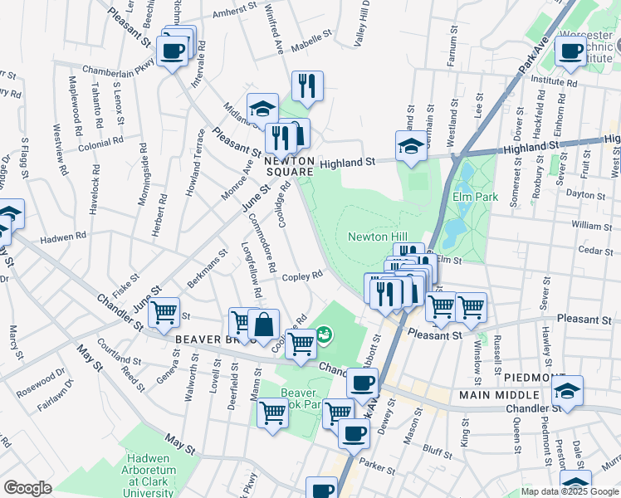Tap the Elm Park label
click(x=473, y=197)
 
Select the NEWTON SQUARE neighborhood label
click(x=290, y=166)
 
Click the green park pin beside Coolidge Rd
click(x=325, y=334)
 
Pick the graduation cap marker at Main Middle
click(x=568, y=391)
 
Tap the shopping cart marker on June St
click(x=164, y=313)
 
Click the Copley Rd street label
click(x=302, y=276)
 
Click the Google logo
click(x=27, y=488)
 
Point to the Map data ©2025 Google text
click(x=569, y=491)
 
